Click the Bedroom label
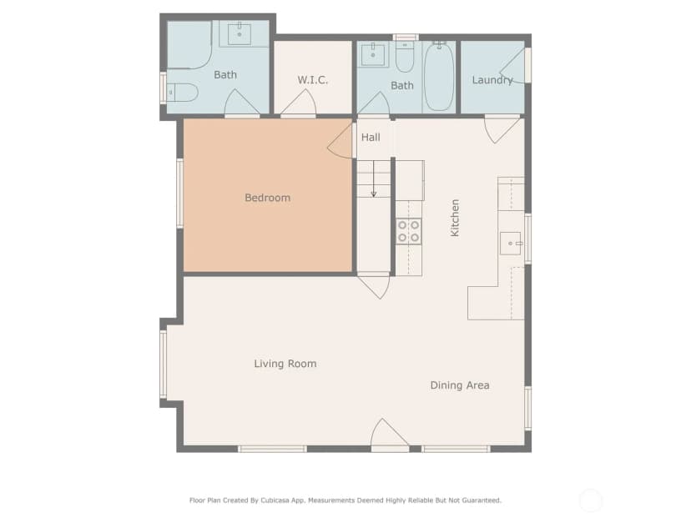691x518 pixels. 268,198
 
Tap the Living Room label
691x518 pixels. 285,364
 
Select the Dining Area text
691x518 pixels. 460,385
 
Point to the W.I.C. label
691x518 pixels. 312,80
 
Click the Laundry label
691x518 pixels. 492,80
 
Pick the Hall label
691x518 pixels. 371,138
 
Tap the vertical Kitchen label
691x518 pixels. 455,218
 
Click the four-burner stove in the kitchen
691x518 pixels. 409,232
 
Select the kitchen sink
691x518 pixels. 510,244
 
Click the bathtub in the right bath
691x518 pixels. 439,78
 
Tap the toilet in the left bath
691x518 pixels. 182,93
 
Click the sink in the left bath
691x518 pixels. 240,35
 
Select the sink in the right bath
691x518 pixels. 373,55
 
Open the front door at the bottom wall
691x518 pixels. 390,434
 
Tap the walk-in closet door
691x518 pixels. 298,103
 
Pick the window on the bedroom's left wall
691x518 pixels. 179,194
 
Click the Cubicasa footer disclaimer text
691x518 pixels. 345,500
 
